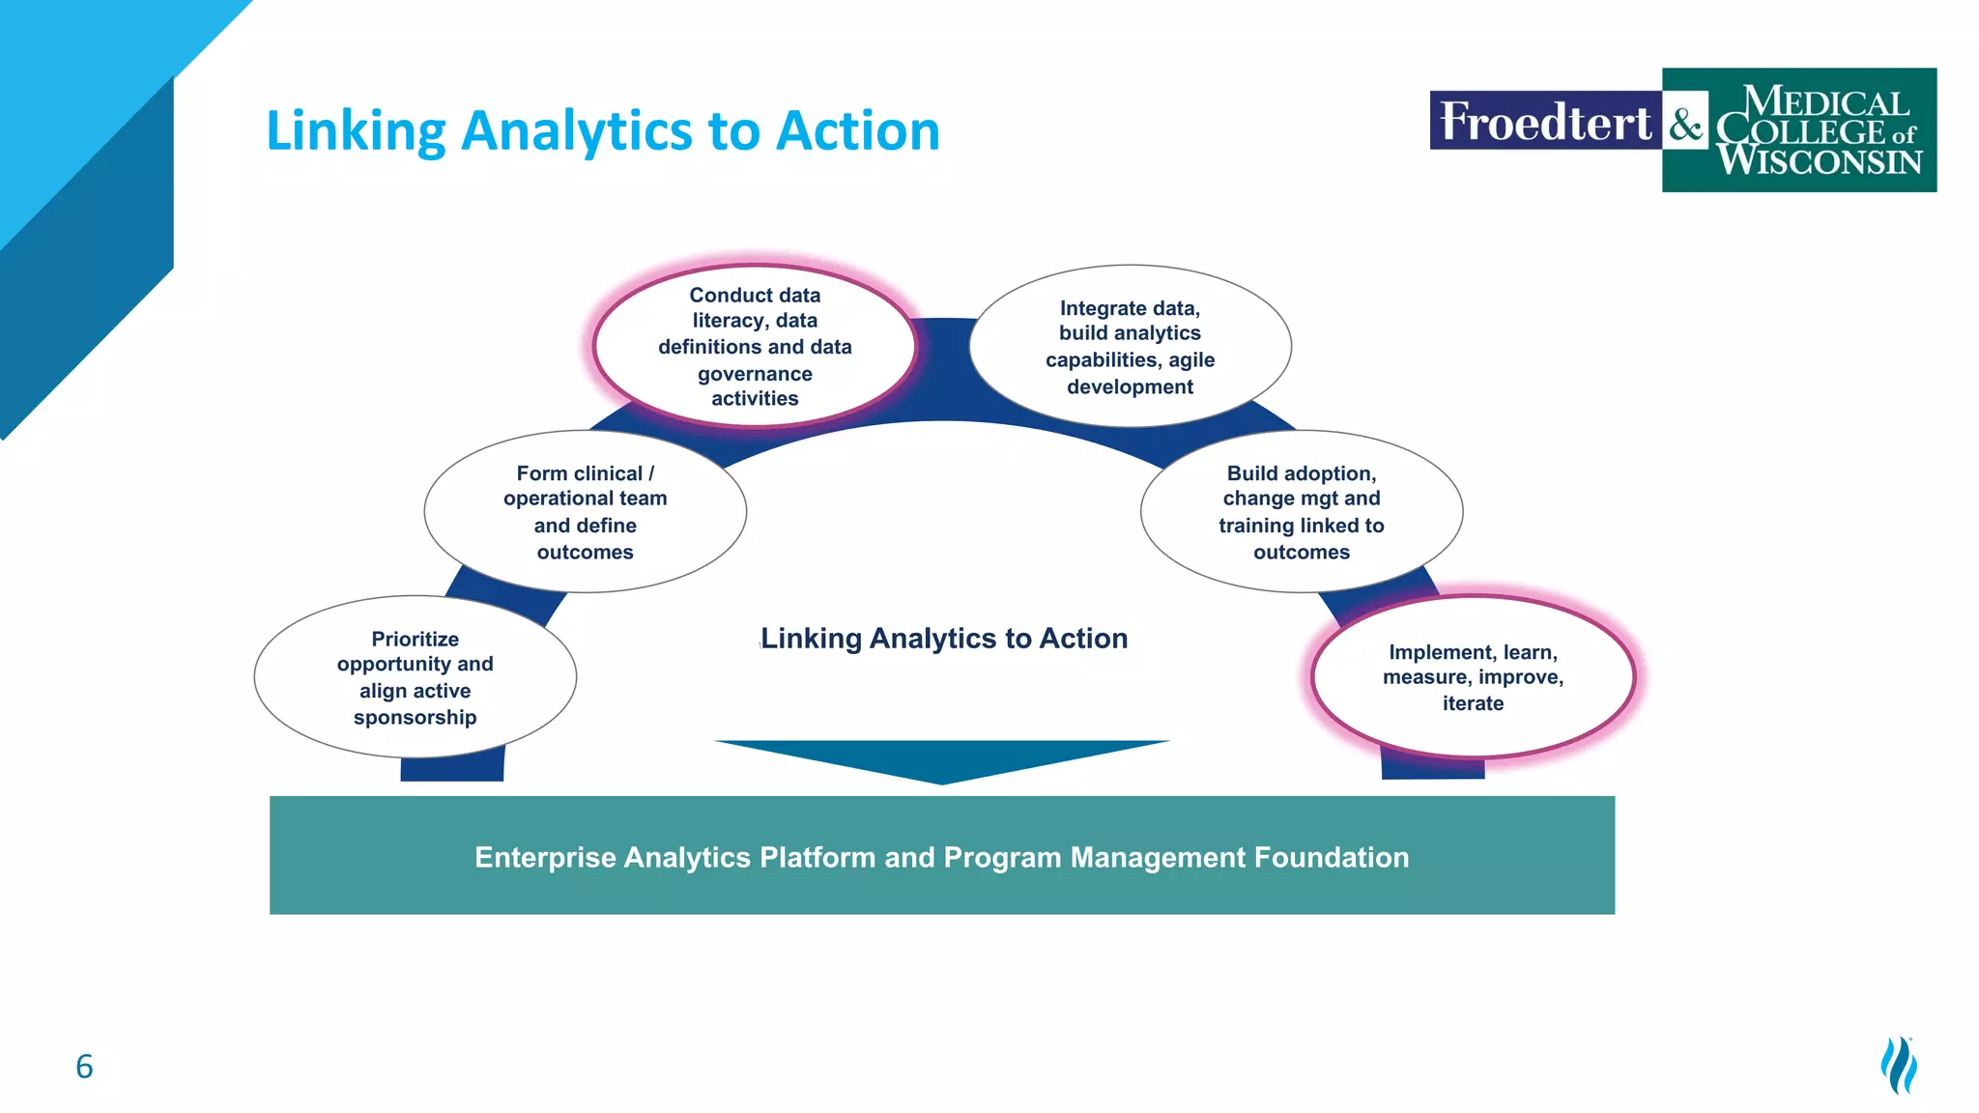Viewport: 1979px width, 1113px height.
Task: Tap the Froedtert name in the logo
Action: click(1544, 122)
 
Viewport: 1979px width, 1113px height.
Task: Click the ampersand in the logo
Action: click(1686, 126)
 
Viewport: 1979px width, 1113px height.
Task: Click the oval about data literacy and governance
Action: click(755, 346)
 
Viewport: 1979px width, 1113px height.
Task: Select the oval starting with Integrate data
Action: click(1130, 346)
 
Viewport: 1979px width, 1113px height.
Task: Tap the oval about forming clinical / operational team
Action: click(585, 512)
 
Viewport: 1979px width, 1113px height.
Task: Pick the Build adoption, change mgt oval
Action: click(1301, 512)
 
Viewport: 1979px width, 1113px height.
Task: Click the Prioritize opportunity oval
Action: click(415, 677)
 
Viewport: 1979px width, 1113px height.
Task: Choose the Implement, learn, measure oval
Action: click(1473, 677)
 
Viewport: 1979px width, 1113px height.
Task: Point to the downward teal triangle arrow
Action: click(942, 759)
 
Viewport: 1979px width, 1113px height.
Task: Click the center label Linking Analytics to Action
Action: click(944, 639)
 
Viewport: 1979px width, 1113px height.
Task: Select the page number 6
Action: click(84, 1067)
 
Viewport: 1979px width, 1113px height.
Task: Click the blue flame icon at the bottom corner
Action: click(1899, 1065)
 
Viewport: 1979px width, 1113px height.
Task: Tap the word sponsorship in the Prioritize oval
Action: click(415, 718)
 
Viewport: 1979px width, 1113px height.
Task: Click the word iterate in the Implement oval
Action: click(1473, 703)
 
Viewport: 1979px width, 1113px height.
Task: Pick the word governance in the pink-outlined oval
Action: click(755, 374)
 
